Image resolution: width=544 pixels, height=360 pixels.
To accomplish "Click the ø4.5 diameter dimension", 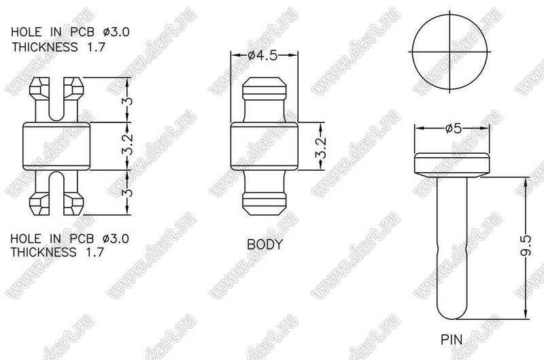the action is [263, 56].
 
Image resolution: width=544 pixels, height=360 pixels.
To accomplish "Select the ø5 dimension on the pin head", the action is [454, 129].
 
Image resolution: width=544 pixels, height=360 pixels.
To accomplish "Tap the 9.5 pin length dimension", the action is [526, 245].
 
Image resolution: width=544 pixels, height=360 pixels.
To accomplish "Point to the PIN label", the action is [452, 339].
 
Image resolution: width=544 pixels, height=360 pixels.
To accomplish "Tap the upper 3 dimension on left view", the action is [128, 101].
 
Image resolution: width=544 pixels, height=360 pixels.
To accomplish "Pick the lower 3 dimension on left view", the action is [128, 192].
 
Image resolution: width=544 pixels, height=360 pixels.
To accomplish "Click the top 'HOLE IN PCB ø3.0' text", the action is [70, 32].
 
